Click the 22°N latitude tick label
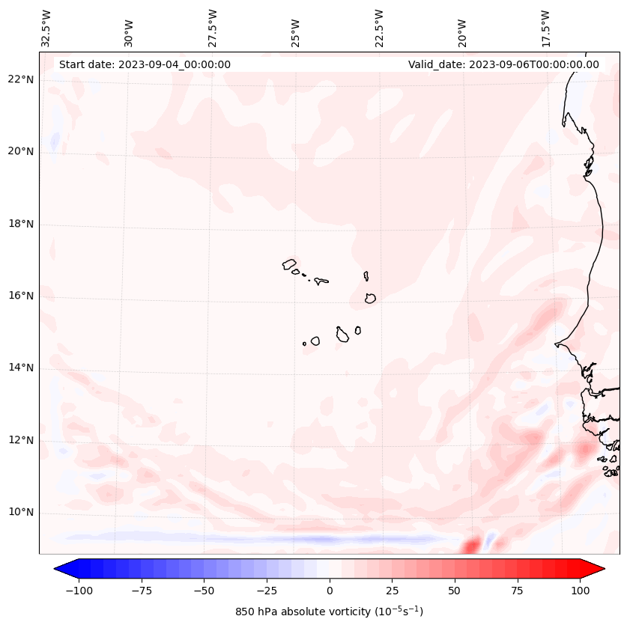[x=22, y=79]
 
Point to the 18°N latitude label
[x=22, y=224]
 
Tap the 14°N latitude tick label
[x=22, y=368]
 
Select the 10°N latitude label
[x=22, y=513]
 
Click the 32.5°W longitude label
[x=46, y=28]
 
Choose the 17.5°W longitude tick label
[x=546, y=28]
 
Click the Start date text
[x=145, y=64]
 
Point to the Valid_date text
[x=503, y=64]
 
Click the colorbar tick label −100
[x=78, y=591]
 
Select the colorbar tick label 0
[x=329, y=591]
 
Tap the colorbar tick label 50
[x=454, y=591]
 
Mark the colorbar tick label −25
[x=266, y=591]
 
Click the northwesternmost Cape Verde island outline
[x=289, y=263]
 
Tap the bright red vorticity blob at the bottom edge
[x=470, y=546]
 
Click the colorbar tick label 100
[x=579, y=591]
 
